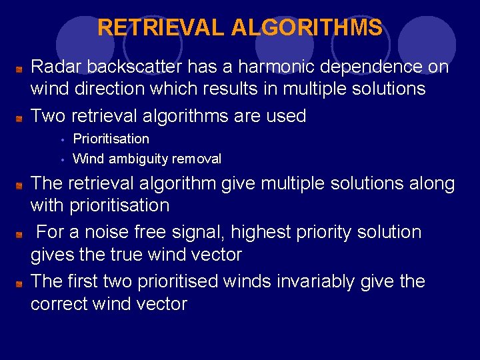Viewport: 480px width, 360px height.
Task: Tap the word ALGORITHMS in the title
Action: coord(307,28)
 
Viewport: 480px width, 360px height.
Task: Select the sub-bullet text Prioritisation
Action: coord(111,139)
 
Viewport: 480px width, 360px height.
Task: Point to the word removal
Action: coord(197,159)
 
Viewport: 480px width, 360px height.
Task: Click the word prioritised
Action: coord(178,281)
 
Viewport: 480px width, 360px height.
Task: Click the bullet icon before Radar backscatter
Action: coord(21,68)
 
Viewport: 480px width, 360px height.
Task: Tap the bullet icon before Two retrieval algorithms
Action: coord(21,117)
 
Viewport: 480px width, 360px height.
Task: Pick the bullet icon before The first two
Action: coord(21,283)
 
